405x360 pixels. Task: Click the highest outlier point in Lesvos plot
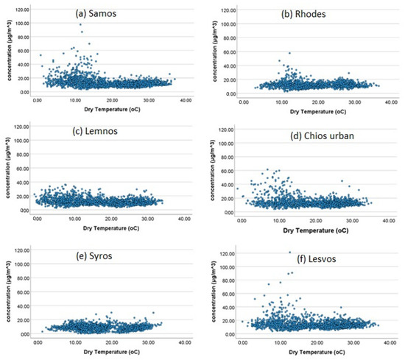point(289,253)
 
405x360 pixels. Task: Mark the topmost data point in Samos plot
point(81,24)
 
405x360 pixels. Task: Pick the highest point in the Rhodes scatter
point(289,53)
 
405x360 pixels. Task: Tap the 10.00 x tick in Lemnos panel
point(74,219)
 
